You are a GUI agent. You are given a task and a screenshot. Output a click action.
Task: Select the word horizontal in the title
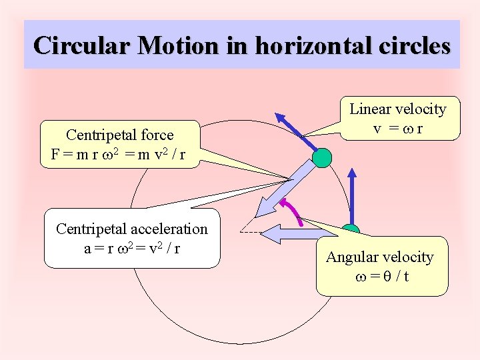(x=290, y=45)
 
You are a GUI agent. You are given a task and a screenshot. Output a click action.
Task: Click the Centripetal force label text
(x=120, y=135)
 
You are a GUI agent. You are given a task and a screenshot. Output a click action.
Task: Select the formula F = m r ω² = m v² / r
(x=118, y=155)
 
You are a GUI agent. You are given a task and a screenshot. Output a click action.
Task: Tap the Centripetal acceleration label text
(x=132, y=229)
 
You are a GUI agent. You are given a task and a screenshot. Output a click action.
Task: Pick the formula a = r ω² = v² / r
(x=132, y=248)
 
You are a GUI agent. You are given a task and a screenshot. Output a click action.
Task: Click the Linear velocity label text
(x=398, y=109)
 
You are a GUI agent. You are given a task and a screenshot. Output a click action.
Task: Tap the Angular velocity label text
(x=380, y=257)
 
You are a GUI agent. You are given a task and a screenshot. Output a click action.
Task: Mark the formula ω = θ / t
(x=381, y=275)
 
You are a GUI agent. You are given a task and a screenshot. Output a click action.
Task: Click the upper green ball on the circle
(x=322, y=158)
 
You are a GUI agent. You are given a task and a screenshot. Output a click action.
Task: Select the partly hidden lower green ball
(x=350, y=231)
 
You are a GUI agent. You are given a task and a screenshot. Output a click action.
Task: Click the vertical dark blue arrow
(x=351, y=193)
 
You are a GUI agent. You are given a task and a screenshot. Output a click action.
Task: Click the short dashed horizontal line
(x=249, y=233)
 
